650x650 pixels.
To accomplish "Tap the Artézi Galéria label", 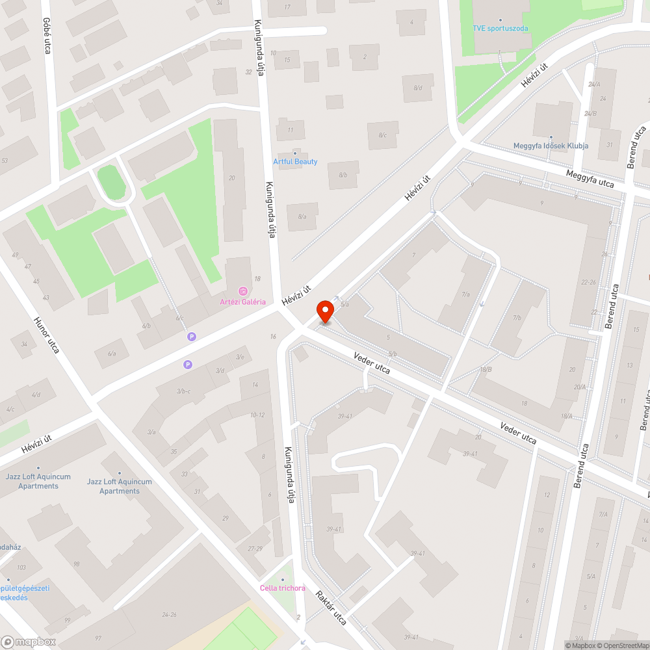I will tap(242, 302).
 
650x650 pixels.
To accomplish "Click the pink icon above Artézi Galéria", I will tap(242, 291).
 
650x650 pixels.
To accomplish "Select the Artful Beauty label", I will tap(295, 161).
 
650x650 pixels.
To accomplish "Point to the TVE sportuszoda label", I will tap(500, 29).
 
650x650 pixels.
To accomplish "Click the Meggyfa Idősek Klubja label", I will tap(551, 146).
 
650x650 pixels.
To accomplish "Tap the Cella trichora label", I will tap(282, 588).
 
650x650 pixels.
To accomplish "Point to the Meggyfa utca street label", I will tap(590, 179).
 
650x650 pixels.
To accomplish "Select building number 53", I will tap(5, 161).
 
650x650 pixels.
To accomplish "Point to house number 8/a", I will tap(302, 216).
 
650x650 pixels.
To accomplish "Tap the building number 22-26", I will tap(588, 282).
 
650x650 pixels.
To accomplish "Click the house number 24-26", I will tap(170, 614).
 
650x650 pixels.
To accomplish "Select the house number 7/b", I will tap(517, 318).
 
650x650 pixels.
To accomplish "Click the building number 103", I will tap(21, 568).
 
